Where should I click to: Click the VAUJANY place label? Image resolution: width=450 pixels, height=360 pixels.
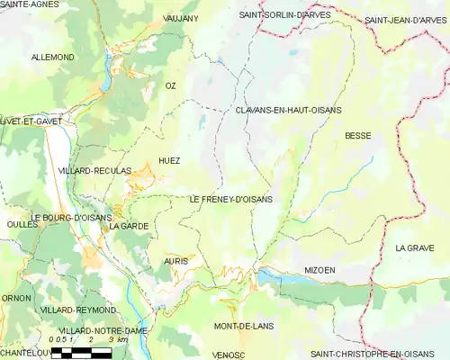(x=181, y=18)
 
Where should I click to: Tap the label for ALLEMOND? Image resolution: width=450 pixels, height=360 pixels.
(x=53, y=57)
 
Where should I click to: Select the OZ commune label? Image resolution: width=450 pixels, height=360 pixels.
(x=170, y=85)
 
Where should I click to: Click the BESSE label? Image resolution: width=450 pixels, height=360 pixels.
(x=357, y=136)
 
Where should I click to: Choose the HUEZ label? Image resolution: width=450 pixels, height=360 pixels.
(x=169, y=161)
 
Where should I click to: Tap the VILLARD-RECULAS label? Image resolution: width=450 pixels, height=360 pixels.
(x=94, y=170)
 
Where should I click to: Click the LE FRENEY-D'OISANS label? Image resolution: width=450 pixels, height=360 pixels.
(x=231, y=199)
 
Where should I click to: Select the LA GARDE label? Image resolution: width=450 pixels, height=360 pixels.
(x=128, y=227)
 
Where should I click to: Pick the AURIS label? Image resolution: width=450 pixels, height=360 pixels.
(x=175, y=261)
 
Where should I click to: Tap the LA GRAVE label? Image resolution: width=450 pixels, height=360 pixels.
(x=414, y=247)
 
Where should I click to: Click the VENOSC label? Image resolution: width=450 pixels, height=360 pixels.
(x=229, y=355)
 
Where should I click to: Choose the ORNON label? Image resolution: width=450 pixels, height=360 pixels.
(x=16, y=298)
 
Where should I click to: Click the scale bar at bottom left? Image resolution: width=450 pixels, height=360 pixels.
(x=81, y=352)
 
